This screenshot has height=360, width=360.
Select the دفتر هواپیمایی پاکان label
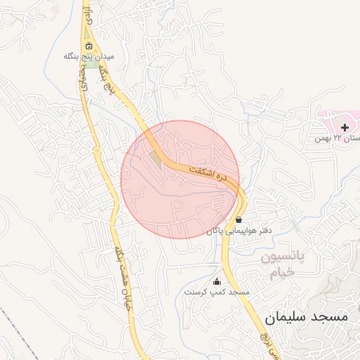(239, 230)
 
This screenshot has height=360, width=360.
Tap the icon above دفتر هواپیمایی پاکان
(239, 219)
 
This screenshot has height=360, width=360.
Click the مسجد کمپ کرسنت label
(217, 291)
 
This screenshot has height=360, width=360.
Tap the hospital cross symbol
(345, 127)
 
